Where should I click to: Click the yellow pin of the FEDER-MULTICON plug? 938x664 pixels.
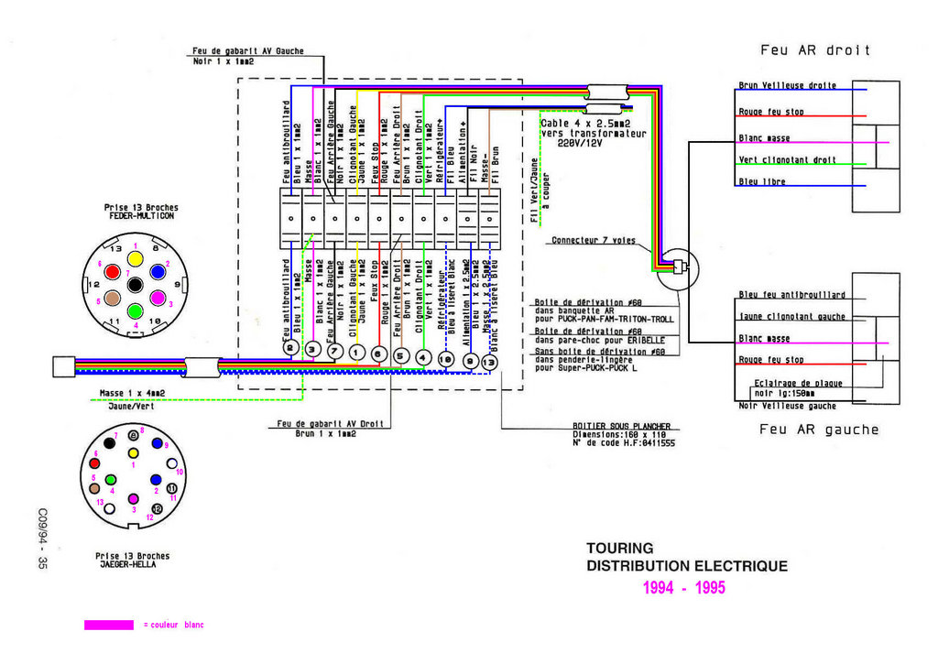tap(135, 259)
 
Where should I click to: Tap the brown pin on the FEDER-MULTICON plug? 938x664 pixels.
tap(111, 298)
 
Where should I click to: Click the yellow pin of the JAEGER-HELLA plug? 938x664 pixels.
tap(134, 452)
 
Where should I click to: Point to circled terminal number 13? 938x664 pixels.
tap(490, 363)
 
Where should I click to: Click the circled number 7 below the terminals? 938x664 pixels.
tap(335, 350)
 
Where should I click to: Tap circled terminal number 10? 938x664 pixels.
tap(446, 358)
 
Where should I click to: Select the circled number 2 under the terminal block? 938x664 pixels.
tap(290, 349)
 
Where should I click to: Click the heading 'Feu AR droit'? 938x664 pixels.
tap(815, 50)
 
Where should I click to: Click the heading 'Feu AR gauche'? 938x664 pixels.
tap(819, 430)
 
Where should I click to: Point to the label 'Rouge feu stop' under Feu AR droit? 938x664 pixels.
tap(771, 113)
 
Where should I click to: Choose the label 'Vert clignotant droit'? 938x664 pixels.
tap(787, 159)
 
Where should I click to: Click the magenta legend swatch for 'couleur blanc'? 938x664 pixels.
tap(109, 625)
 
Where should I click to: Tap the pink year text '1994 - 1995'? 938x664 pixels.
tap(683, 588)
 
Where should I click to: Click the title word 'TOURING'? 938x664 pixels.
tap(620, 549)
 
